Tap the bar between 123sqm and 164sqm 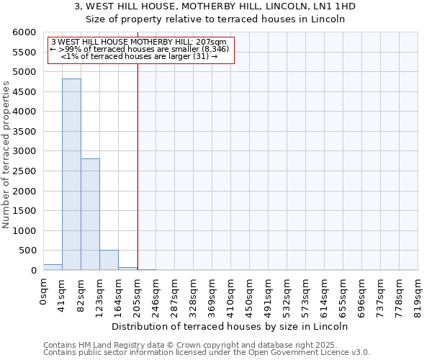pyautogui.click(x=109, y=260)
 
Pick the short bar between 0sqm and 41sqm pyautogui.click(x=53, y=267)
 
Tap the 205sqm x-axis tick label pyautogui.click(x=138, y=294)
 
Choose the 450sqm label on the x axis pyautogui.click(x=250, y=294)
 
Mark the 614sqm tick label pyautogui.click(x=325, y=294)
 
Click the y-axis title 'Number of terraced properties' pyautogui.click(x=6, y=155)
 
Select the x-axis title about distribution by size pyautogui.click(x=230, y=326)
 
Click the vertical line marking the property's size pyautogui.click(x=138, y=166)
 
